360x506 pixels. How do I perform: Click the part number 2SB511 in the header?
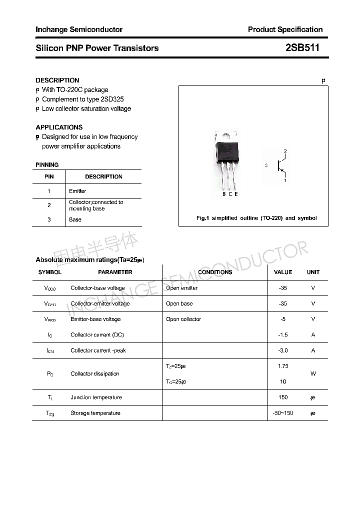[x=302, y=48]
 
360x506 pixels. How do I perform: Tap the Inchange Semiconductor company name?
[x=79, y=29]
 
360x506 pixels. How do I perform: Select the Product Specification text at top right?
[x=285, y=29]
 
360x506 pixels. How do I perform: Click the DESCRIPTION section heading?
[x=57, y=80]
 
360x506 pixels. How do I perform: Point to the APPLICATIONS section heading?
[x=59, y=127]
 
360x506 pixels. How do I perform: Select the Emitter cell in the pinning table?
[x=77, y=191]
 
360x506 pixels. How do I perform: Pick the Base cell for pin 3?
[x=75, y=219]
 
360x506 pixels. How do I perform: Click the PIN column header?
[x=49, y=176]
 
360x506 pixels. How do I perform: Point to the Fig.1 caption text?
[x=255, y=218]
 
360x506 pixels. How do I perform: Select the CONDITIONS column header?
[x=215, y=272]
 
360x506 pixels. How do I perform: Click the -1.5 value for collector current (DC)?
[x=283, y=335]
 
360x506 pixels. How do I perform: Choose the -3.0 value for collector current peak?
[x=283, y=350]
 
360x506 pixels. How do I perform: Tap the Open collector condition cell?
[x=183, y=319]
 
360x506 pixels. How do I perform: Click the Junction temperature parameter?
[x=96, y=397]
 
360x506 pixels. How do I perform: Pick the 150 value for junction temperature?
[x=283, y=397]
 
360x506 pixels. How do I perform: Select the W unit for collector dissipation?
[x=313, y=373]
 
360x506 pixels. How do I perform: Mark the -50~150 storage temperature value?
[x=283, y=413]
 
